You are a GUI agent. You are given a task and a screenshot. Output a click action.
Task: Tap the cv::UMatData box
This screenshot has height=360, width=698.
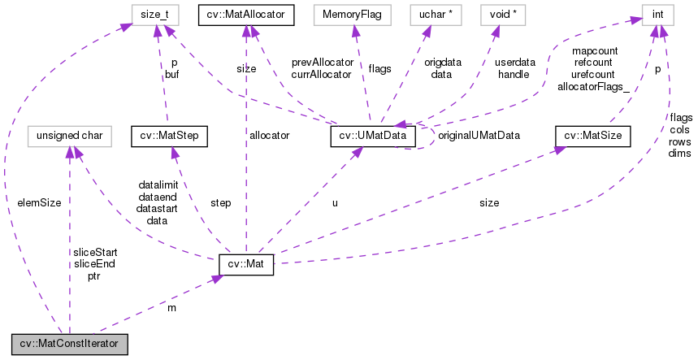[x=373, y=135]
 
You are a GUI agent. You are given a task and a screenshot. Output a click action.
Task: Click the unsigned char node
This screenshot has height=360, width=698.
[x=69, y=135]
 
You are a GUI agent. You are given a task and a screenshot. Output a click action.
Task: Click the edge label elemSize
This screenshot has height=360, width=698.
[x=39, y=202]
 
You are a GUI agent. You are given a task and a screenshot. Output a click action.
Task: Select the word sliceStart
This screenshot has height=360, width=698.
[x=95, y=252]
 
